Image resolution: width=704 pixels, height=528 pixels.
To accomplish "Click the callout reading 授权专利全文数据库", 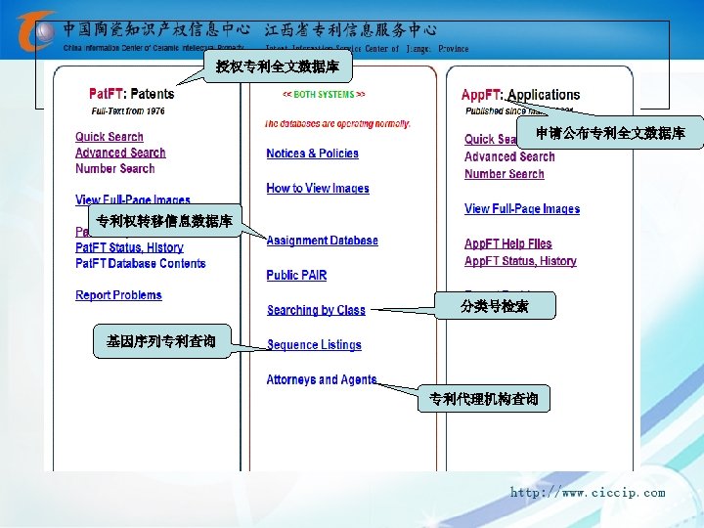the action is click(278, 67).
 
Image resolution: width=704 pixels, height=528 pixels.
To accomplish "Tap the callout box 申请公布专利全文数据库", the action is click(609, 133).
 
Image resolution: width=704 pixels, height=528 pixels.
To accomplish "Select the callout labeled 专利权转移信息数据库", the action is click(163, 221).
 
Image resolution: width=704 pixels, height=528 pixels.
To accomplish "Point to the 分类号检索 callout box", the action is click(495, 306).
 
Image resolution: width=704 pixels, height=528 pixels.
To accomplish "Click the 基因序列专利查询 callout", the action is click(161, 341).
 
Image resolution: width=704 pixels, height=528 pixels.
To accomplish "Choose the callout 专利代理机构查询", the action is click(483, 398).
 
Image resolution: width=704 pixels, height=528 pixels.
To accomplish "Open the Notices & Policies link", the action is click(312, 154).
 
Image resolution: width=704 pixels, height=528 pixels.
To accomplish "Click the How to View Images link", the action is click(318, 189).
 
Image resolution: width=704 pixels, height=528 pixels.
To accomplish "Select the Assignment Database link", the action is click(322, 241).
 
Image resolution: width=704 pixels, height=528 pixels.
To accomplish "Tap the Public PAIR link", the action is click(296, 276).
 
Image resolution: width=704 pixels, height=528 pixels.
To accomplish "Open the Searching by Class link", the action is click(316, 310).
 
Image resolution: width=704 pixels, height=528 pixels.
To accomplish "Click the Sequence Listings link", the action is click(314, 345).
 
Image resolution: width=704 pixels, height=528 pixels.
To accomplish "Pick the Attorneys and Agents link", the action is click(321, 379).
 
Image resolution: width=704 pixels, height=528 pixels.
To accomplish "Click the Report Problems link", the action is click(118, 295).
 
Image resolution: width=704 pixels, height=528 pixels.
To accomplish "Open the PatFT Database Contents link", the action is click(140, 263).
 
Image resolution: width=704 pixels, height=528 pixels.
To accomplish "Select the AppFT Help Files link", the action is click(507, 243).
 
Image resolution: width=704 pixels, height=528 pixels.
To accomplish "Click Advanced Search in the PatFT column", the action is click(120, 153).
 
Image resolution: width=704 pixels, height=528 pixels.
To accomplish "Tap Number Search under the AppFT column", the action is click(504, 174).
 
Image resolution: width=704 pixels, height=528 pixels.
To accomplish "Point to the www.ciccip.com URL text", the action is click(587, 493).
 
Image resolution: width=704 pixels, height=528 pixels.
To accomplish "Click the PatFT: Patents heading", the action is click(131, 94).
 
